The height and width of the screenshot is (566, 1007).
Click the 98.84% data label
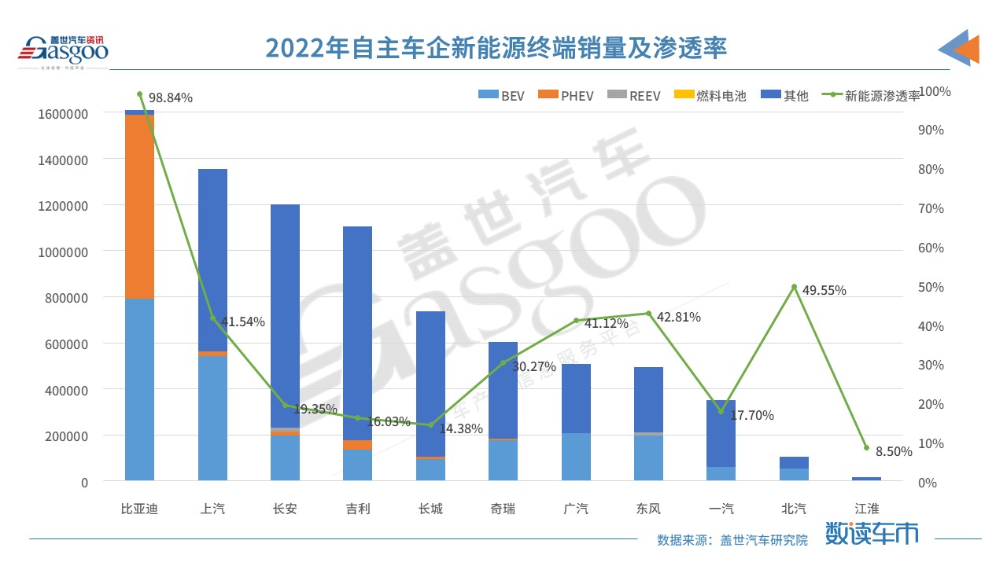170,97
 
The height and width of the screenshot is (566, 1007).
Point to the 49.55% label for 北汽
824,290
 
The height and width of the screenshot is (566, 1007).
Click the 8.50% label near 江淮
894,451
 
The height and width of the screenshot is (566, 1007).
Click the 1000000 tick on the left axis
62,252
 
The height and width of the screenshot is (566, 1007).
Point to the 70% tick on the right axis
932,208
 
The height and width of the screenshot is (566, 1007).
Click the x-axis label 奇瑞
503,509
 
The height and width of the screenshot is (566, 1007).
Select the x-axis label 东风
648,509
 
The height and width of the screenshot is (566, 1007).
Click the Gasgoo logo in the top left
64,50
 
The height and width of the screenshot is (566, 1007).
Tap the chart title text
496,48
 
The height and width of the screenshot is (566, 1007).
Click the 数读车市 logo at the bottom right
871,534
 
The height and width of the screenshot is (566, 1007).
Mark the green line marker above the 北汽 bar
794,287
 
